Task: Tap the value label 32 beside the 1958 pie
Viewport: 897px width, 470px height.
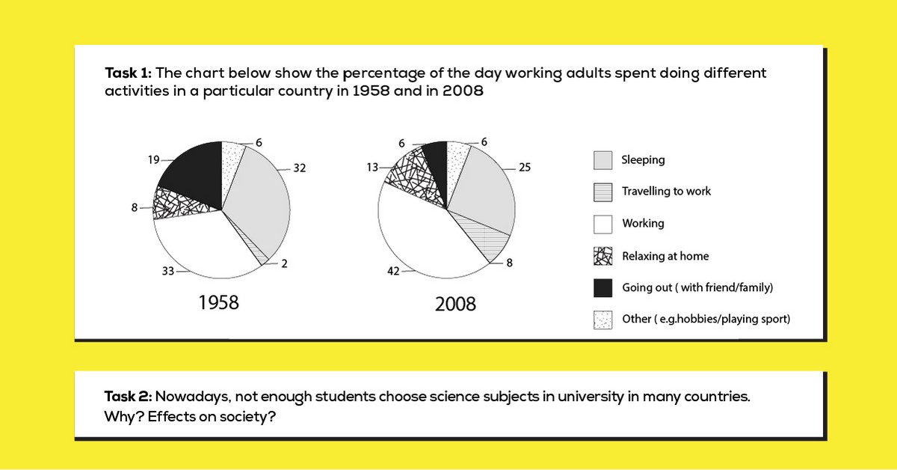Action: tap(300, 168)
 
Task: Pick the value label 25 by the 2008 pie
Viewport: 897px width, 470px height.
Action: tap(524, 168)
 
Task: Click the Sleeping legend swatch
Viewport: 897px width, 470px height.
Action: tap(602, 160)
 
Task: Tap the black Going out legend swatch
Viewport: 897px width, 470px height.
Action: tap(602, 287)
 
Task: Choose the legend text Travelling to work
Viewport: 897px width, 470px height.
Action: tap(666, 192)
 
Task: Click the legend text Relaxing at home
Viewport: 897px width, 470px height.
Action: tap(665, 256)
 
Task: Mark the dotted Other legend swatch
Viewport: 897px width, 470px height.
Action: tap(602, 320)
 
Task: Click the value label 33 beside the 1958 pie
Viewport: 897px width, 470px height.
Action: tap(167, 272)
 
